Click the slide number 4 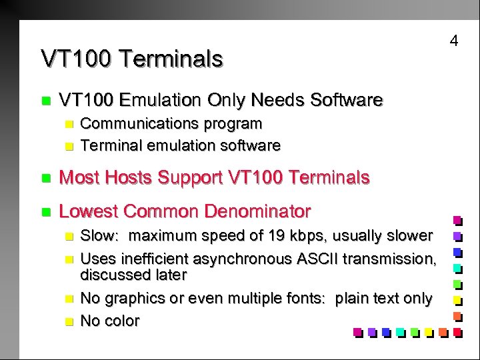tap(454, 41)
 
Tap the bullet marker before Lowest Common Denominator tap(45, 213)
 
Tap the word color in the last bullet tap(120, 321)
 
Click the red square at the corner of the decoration tap(457, 331)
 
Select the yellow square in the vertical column tap(457, 299)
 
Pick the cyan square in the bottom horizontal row tap(400, 331)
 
